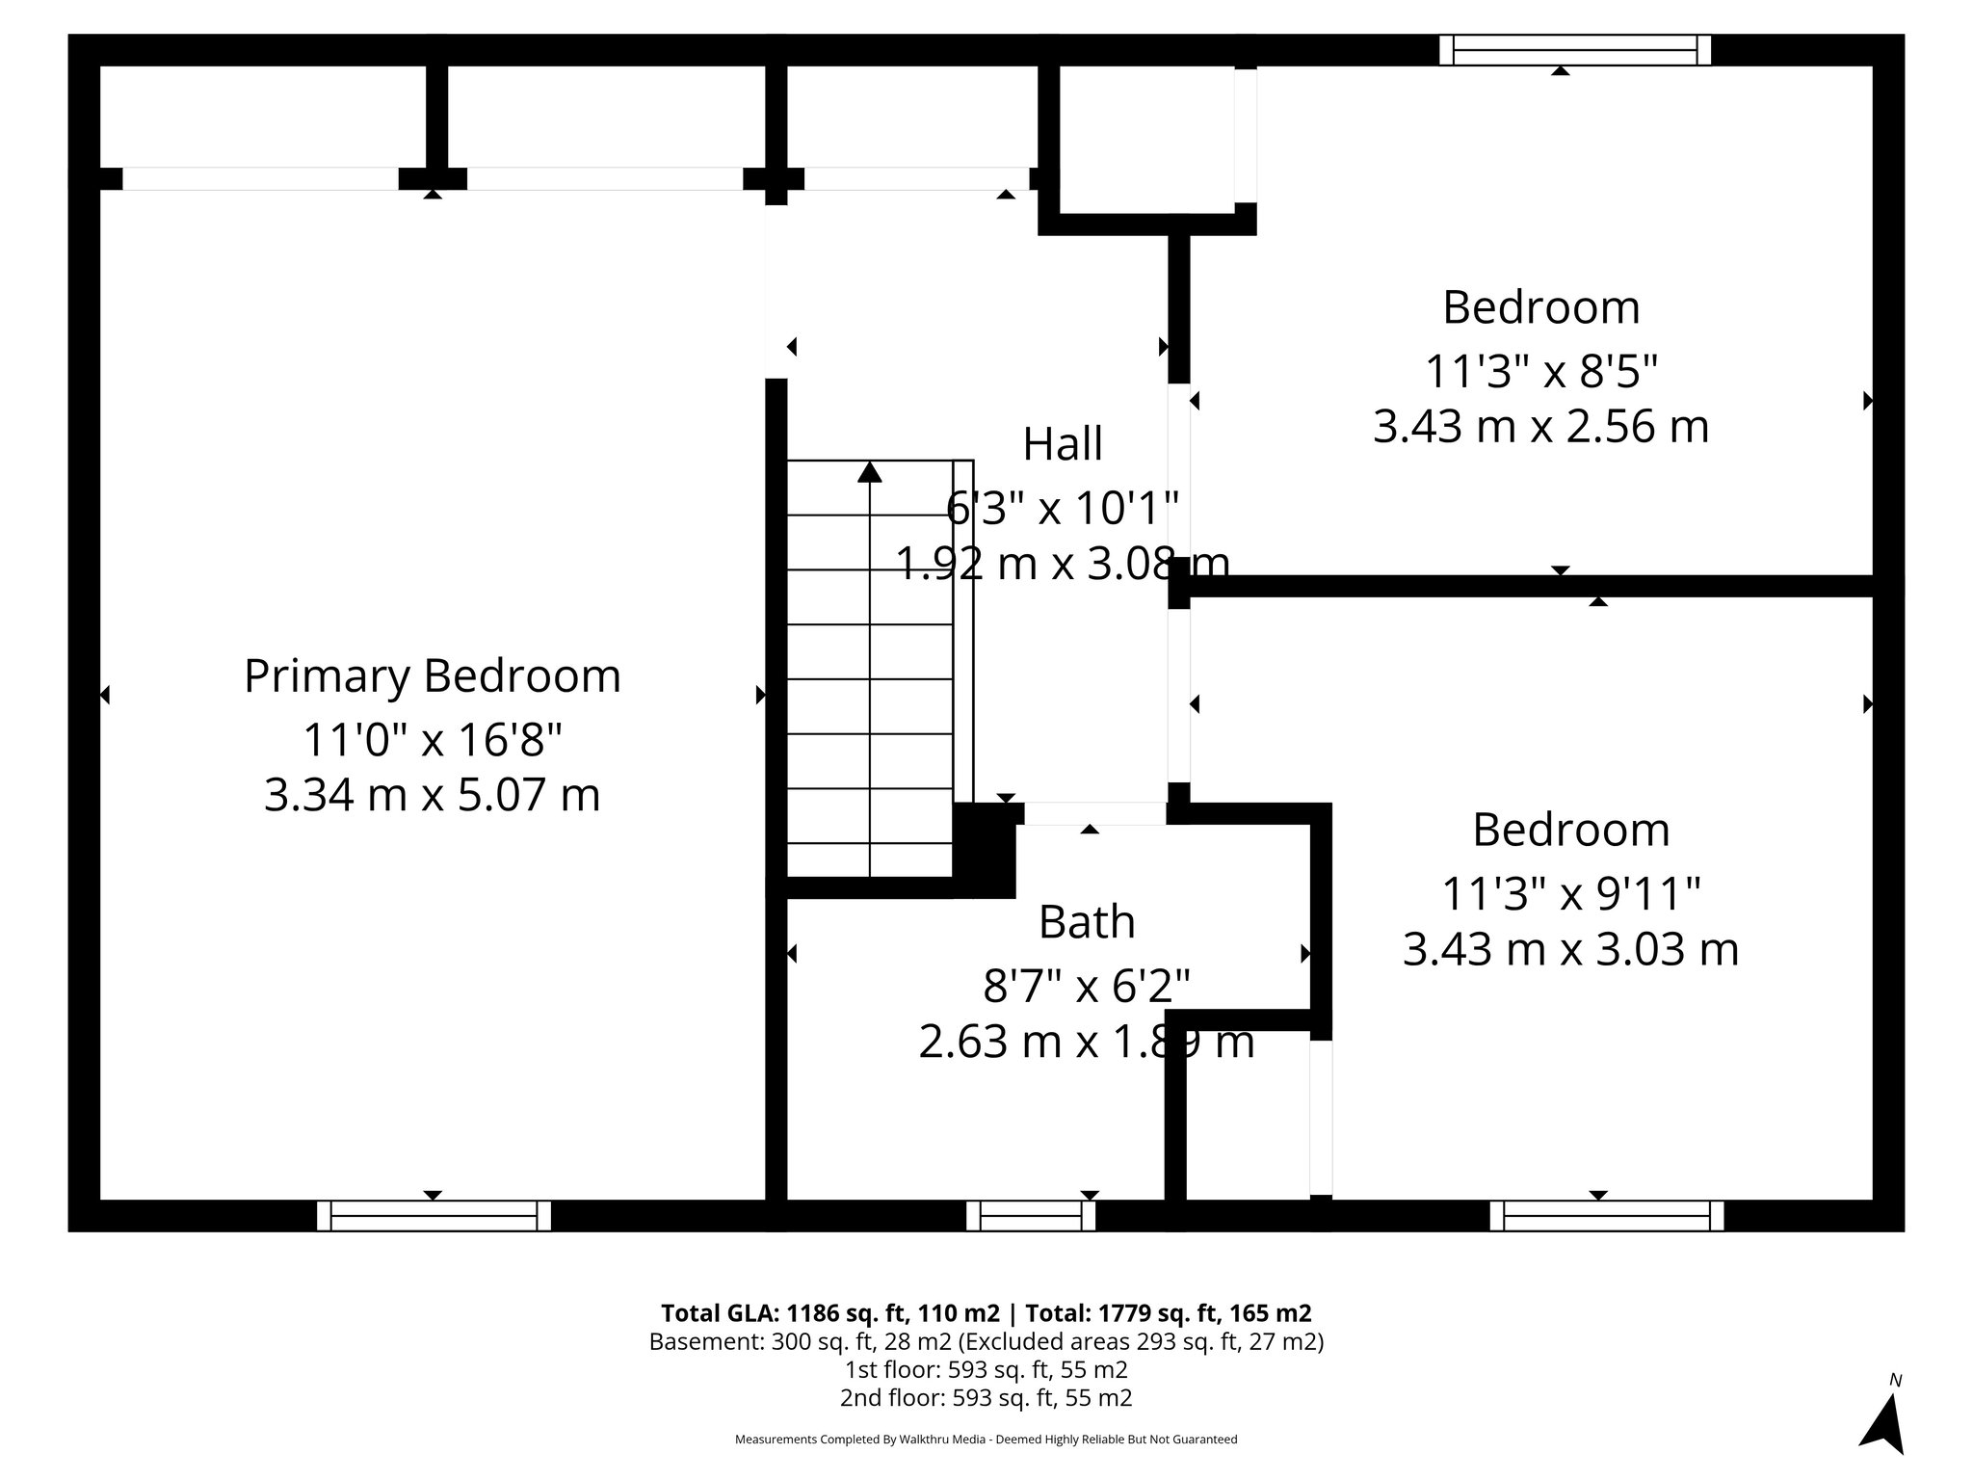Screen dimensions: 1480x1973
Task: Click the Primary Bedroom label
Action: (x=432, y=675)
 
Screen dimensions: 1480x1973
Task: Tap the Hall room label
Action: (x=1062, y=444)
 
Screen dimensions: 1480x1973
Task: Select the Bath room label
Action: (x=1086, y=922)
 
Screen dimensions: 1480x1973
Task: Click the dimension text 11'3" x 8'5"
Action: (x=1540, y=370)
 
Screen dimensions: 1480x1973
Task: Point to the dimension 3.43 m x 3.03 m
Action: (x=1570, y=949)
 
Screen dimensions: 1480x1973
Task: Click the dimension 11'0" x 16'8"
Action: (x=432, y=740)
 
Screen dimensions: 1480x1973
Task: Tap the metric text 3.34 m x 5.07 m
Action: (x=432, y=795)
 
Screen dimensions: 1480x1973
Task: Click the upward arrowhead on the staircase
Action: (x=870, y=471)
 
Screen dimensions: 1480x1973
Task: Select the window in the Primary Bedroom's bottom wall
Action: (x=434, y=1215)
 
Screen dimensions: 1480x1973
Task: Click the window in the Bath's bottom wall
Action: (x=1031, y=1215)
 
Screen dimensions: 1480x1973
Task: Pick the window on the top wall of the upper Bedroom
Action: (x=1575, y=50)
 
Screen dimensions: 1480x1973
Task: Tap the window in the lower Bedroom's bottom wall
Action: (x=1606, y=1215)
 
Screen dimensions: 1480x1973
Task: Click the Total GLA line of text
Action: (x=986, y=1313)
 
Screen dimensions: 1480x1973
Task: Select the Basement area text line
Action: (x=986, y=1341)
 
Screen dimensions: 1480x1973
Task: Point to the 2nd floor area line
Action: (x=986, y=1397)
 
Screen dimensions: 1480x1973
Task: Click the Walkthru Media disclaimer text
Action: (x=986, y=1440)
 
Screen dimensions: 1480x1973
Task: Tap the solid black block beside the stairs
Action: (x=984, y=849)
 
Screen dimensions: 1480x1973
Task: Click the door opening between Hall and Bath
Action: (x=1094, y=814)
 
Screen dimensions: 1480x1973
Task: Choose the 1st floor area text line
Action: (x=986, y=1369)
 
